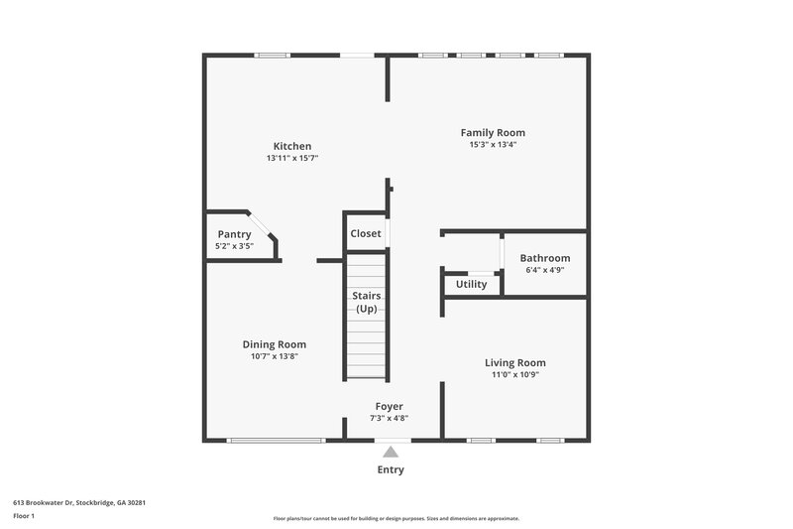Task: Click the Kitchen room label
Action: tap(292, 146)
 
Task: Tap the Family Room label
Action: tap(493, 132)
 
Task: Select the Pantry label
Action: tap(235, 234)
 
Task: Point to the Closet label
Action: tap(365, 234)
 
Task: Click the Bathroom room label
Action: tap(545, 258)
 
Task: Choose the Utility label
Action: tap(471, 284)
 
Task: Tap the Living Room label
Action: tap(514, 362)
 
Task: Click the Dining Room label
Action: tap(275, 344)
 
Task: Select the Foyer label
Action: tap(389, 406)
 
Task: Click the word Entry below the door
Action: tap(390, 469)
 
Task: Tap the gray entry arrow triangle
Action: tap(390, 452)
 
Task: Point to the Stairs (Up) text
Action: tap(366, 303)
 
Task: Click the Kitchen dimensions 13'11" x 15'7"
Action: tap(292, 158)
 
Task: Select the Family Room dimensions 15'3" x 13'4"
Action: tap(493, 145)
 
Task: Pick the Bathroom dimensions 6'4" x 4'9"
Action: tap(545, 270)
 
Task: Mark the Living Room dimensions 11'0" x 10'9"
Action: tap(514, 374)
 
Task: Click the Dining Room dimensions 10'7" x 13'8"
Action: tap(275, 356)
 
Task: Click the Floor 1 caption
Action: tap(25, 517)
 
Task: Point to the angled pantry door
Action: tap(262, 225)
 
